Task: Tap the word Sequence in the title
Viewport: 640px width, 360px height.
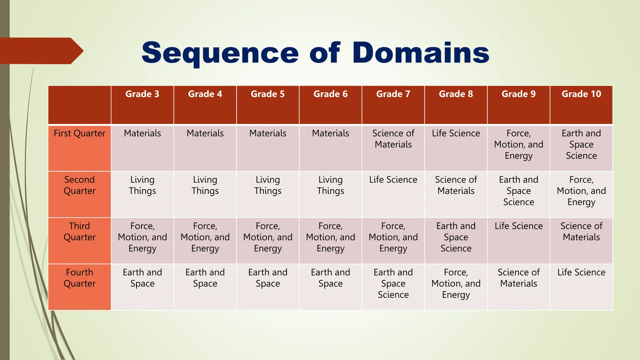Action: [220, 53]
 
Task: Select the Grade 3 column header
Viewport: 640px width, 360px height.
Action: [142, 94]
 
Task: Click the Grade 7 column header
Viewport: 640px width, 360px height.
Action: [393, 94]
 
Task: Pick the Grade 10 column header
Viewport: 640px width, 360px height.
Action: [581, 94]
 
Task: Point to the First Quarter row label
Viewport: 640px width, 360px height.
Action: [79, 133]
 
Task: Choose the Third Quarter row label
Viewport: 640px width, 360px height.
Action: [79, 232]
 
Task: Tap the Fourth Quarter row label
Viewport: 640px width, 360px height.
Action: [79, 278]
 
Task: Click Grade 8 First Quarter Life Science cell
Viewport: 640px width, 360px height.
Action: [456, 133]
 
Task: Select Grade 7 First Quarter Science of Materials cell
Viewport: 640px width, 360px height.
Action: [393, 139]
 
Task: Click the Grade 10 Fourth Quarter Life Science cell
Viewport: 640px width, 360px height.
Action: [581, 272]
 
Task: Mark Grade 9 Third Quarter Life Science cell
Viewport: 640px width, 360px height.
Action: [518, 226]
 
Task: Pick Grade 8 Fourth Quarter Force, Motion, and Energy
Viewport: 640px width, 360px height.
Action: [456, 283]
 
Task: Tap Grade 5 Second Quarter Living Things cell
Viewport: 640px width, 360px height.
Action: [268, 185]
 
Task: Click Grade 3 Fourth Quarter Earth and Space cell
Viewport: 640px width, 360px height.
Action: [142, 278]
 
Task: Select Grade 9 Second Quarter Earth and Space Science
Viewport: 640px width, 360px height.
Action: [518, 191]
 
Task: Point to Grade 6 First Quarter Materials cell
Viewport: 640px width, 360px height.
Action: [330, 133]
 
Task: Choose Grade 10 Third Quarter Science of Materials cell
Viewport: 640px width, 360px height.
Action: [581, 232]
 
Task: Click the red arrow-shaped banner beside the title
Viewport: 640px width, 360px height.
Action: [41, 51]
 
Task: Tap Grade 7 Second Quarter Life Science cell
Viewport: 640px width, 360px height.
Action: [393, 180]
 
